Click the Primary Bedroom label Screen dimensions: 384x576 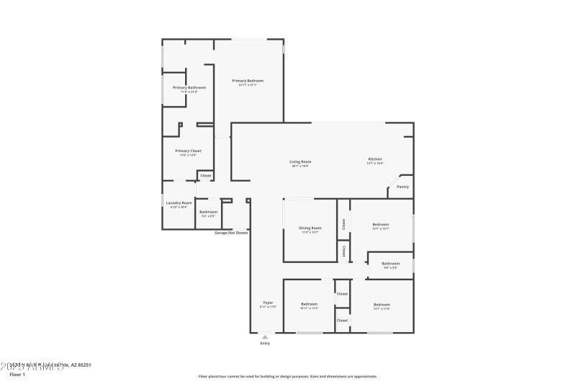248,80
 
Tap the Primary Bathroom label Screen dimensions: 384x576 189,87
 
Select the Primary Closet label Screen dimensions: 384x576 188,151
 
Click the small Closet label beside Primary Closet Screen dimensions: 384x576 205,175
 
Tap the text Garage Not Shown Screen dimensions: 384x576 232,233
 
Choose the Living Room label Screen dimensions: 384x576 300,161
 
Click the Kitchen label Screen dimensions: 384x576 375,158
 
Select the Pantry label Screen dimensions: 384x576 402,187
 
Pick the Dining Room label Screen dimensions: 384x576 310,228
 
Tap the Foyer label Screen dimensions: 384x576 267,303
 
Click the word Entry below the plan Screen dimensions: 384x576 265,343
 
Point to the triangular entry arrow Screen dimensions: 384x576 265,336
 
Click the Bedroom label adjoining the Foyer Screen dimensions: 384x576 309,304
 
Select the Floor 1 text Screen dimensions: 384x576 17,375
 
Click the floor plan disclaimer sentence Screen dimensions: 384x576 287,376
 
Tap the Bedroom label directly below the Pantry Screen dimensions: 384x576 380,224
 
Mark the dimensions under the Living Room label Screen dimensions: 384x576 300,166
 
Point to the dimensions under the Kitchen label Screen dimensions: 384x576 375,163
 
